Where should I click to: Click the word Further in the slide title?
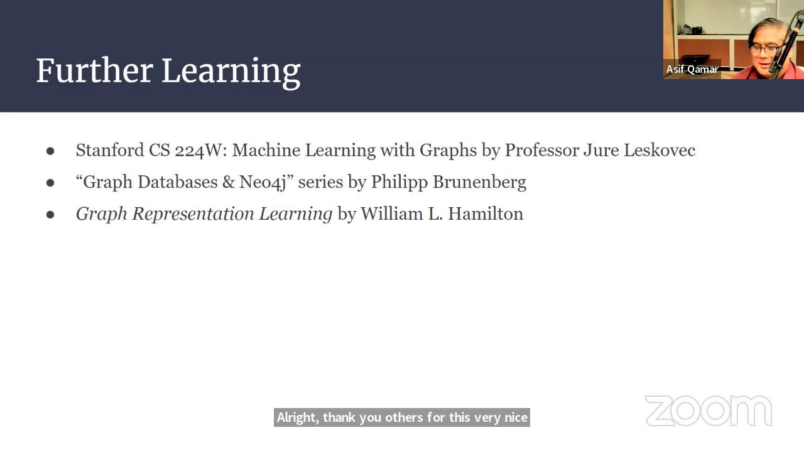[x=94, y=70]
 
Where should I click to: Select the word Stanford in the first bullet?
[x=109, y=150]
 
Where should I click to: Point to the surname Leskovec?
[x=659, y=150]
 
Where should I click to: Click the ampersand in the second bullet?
[x=228, y=182]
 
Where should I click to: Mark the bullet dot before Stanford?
[x=50, y=151]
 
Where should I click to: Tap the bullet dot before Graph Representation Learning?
[x=50, y=214]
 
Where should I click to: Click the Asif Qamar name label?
[x=692, y=69]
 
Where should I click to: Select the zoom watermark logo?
[x=708, y=411]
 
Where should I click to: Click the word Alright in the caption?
[x=297, y=417]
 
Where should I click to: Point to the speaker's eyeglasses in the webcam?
[x=765, y=49]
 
